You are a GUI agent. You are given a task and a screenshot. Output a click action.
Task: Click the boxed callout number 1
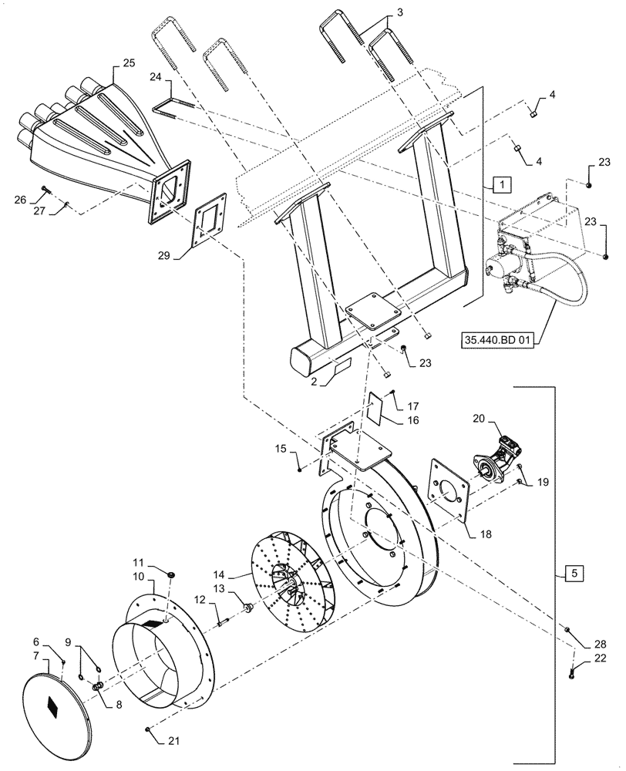pos(500,185)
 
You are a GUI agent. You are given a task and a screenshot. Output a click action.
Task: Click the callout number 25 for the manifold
pos(129,61)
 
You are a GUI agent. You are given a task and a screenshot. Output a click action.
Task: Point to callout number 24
pos(156,77)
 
